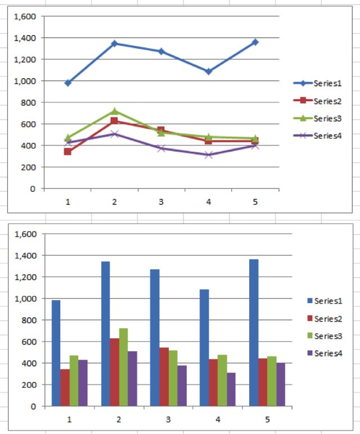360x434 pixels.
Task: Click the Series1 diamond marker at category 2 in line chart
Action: [x=114, y=43]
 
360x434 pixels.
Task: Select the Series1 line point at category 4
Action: [x=208, y=71]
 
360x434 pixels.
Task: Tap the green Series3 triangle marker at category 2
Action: [x=114, y=111]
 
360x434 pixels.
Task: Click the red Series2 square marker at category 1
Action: [x=67, y=151]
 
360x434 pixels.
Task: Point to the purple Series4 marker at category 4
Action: [x=208, y=155]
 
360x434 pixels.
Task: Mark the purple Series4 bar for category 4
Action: [x=231, y=388]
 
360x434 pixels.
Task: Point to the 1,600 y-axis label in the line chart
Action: [x=25, y=17]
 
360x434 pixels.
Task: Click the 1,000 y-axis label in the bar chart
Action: [x=25, y=299]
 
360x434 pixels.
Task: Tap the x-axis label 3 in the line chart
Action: [x=161, y=201]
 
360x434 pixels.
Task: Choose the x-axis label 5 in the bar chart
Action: [x=267, y=419]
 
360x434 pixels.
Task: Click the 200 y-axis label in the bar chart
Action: [x=29, y=385]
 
